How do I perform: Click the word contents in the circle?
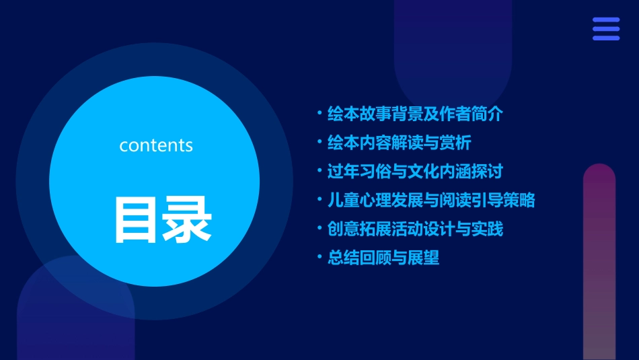point(156,145)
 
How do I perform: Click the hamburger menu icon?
point(606,29)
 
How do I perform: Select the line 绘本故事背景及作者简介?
point(414,114)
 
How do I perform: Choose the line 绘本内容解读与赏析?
point(399,143)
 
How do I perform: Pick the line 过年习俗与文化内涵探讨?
point(414,171)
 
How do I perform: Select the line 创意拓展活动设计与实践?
point(414,229)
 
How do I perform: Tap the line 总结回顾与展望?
point(383,258)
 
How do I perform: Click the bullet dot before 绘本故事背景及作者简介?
point(319,114)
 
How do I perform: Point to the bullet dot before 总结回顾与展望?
point(319,258)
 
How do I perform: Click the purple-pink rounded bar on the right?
point(599,262)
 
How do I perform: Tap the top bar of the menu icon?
point(606,20)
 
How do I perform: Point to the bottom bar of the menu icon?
point(606,38)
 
